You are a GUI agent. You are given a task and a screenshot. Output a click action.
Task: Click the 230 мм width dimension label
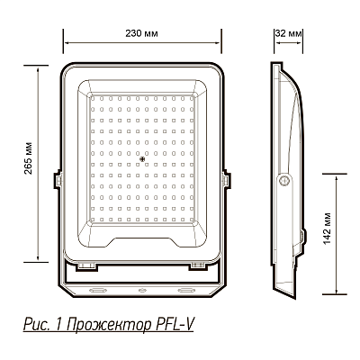[142, 33]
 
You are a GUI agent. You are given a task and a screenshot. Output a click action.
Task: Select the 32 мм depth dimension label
[292, 33]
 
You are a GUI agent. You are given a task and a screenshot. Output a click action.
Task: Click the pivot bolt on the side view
[286, 180]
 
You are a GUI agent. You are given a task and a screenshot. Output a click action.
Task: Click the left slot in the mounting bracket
[97, 290]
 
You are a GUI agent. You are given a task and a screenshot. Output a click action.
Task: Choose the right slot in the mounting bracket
[186, 290]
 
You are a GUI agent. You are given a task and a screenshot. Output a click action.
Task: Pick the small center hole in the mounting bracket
[142, 290]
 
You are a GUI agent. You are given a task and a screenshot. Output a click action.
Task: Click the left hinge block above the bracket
[87, 265]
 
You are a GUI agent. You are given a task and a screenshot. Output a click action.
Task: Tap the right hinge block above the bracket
[196, 265]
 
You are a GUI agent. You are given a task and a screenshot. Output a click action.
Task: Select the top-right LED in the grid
[193, 97]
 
